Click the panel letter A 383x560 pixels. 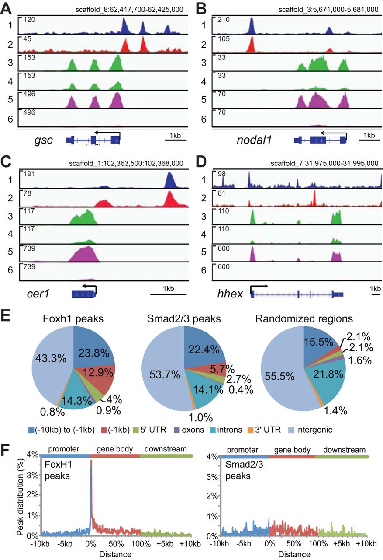[8, 7]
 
